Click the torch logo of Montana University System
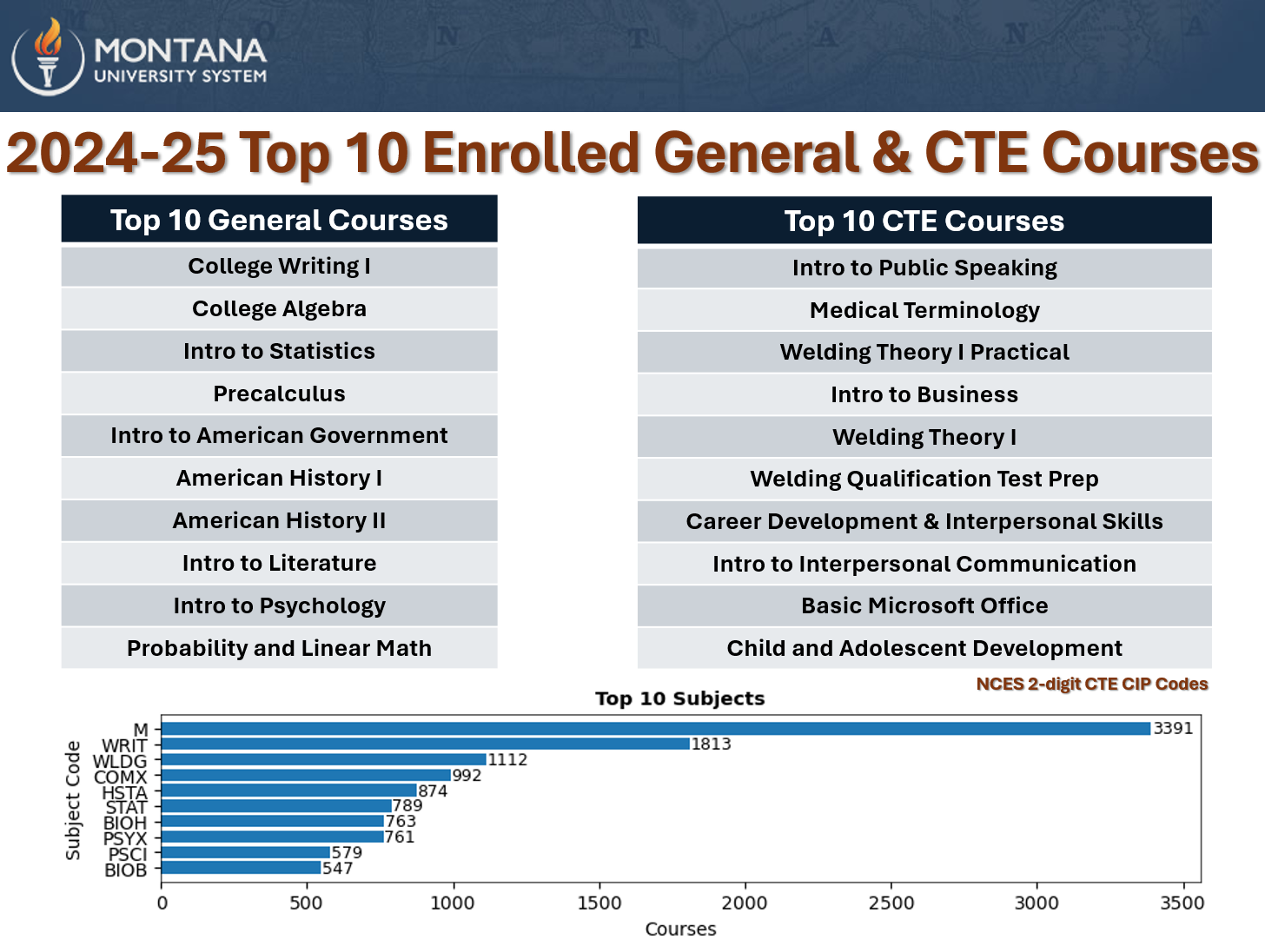pyautogui.click(x=48, y=56)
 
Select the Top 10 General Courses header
pyautogui.click(x=279, y=220)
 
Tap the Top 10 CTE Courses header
pyautogui.click(x=924, y=221)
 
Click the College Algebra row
pyautogui.click(x=279, y=308)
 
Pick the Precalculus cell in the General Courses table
pyautogui.click(x=279, y=394)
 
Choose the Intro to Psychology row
pyautogui.click(x=279, y=605)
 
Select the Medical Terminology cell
pyautogui.click(x=924, y=310)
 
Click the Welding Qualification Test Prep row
pyautogui.click(x=924, y=479)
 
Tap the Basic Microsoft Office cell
pyautogui.click(x=924, y=605)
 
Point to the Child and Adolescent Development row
pyautogui.click(x=924, y=648)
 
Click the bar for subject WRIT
pyautogui.click(x=426, y=744)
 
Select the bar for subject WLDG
pyautogui.click(x=323, y=759)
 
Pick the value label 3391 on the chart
pyautogui.click(x=1172, y=728)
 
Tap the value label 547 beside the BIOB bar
pyautogui.click(x=337, y=868)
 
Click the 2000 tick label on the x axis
pyautogui.click(x=745, y=903)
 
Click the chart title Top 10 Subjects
pyautogui.click(x=679, y=698)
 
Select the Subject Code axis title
pyautogui.click(x=73, y=800)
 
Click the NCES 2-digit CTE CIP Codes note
pyautogui.click(x=1091, y=684)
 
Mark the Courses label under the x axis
pyautogui.click(x=680, y=929)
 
